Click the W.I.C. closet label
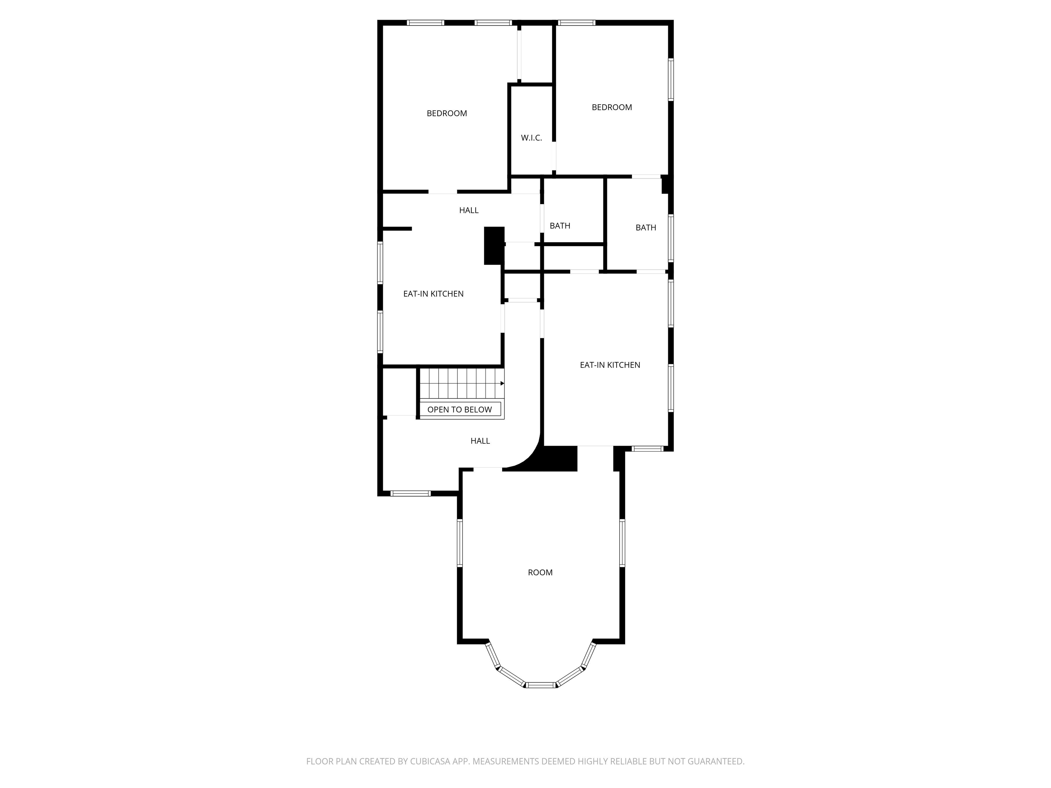531,138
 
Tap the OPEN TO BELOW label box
459,409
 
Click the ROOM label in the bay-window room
540,572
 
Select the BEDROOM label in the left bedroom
446,114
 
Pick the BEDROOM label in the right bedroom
611,107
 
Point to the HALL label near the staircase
480,441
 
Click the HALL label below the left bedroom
468,210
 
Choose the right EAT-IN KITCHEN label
610,365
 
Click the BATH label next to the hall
560,226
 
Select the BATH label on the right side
646,227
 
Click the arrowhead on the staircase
502,383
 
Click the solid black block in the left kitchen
494,246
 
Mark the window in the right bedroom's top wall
576,22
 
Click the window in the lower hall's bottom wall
411,494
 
